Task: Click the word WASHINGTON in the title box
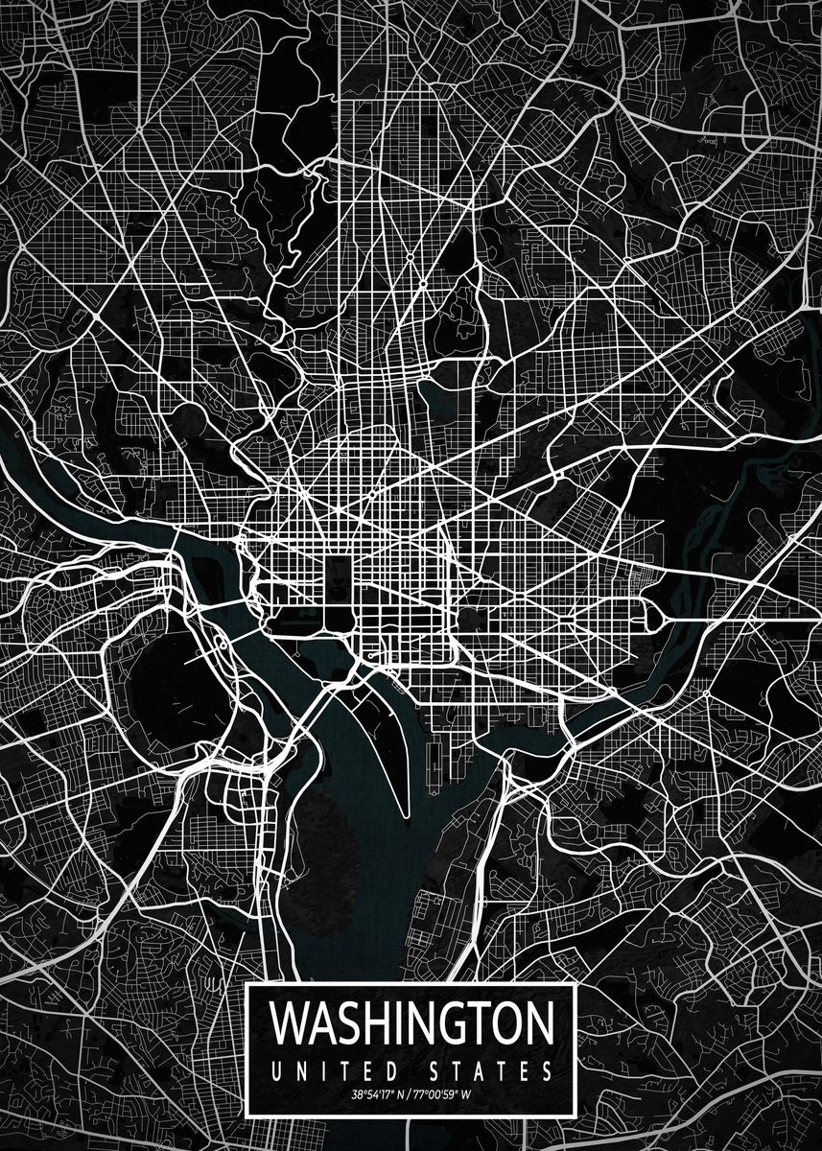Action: (412, 1023)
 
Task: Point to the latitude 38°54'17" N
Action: (375, 1094)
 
